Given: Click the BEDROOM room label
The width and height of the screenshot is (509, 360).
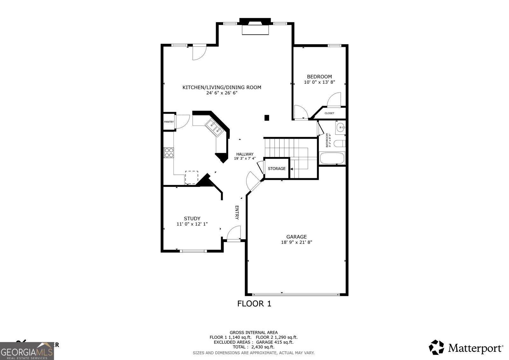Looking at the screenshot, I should coord(319,77).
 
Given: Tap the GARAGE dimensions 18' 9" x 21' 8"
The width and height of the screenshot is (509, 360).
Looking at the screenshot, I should coord(296,242).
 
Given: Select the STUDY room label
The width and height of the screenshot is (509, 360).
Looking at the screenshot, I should coord(192,218).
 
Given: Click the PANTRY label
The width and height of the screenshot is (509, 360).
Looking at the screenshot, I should coord(169,122).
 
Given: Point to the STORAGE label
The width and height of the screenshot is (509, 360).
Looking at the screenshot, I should coord(276,168).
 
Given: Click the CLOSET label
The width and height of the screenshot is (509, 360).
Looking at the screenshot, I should coord(329,113).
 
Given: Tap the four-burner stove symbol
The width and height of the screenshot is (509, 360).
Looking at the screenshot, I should coord(169,152).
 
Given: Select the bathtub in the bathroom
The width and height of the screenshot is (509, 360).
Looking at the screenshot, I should coord(332,158).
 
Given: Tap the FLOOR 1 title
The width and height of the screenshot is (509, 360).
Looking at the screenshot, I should coord(254,304).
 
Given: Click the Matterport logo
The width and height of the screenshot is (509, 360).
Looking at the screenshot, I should coord(466,348).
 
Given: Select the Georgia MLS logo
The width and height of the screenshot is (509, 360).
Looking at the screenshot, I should coord(27,351).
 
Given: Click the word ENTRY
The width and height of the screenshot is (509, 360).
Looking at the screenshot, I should coord(237,212).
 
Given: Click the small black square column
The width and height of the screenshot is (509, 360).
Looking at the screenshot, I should coord(267,118).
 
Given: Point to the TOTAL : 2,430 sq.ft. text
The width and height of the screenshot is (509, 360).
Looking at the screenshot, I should coord(253,347).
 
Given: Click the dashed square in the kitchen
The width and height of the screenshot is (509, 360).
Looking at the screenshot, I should coord(192,177).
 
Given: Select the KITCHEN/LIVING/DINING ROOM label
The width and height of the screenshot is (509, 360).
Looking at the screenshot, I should coord(222,87).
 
